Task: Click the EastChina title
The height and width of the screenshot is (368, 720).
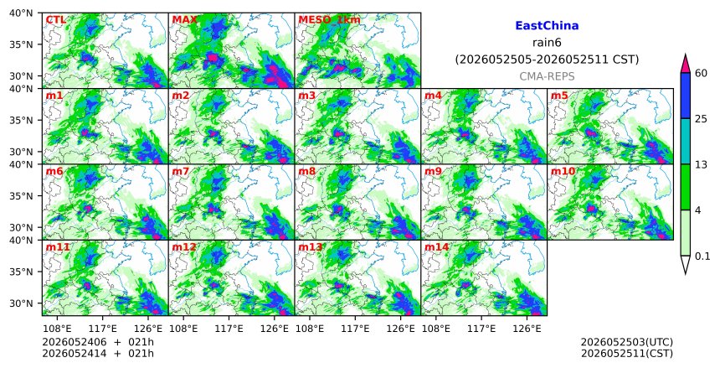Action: coord(547,26)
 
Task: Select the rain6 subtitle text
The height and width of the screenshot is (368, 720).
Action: coord(547,43)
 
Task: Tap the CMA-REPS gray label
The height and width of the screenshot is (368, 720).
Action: coord(547,76)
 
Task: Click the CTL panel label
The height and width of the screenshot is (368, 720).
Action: coord(55,20)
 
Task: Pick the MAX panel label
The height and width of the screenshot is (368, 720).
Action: coord(184,20)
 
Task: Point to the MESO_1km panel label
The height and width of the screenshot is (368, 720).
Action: coord(329,20)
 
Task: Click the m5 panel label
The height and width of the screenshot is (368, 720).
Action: coord(559,96)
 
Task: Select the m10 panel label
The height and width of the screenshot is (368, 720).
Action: coord(563,172)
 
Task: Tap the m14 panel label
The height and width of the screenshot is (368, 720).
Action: coord(437,247)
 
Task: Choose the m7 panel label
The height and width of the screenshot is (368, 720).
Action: coord(181,172)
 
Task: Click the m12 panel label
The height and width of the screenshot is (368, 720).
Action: coord(184,247)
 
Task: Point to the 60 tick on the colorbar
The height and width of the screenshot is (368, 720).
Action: coord(701,73)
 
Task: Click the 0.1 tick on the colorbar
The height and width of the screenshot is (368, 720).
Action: coord(702,257)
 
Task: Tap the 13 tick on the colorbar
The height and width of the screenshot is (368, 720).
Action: coord(701,164)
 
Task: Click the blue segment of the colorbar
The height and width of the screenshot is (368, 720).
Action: coord(686,96)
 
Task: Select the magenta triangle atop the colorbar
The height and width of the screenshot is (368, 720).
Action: coord(686,65)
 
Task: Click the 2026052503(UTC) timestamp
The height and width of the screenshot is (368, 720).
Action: coord(627,342)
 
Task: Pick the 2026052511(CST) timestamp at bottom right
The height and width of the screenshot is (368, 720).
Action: coord(627,354)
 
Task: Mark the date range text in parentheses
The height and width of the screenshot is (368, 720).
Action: coord(547,60)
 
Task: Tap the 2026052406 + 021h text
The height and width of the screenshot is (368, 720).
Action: coord(98,342)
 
